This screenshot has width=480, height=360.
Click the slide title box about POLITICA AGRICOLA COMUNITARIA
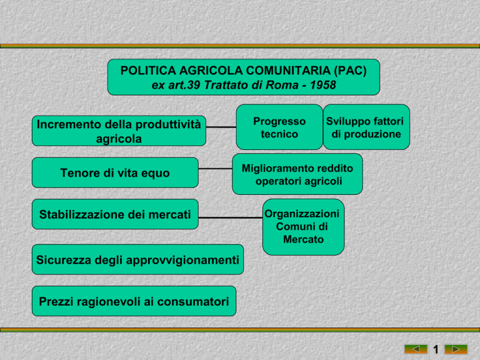[x=244, y=77]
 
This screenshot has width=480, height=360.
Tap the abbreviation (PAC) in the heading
[x=350, y=71]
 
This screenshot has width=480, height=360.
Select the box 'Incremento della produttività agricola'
[x=119, y=131]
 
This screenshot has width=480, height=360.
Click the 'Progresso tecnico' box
[x=279, y=127]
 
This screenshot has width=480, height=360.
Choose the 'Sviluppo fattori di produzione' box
[x=366, y=127]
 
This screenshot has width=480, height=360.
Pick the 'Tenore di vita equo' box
[x=115, y=172]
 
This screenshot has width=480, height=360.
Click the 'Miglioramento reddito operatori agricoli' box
[x=297, y=174]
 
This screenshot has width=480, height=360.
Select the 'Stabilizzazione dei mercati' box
[x=115, y=214]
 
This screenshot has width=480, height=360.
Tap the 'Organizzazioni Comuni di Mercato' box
[x=303, y=227]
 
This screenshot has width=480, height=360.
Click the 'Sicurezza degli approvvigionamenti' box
[x=137, y=259]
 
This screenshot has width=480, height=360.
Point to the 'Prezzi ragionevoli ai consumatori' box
[x=134, y=301]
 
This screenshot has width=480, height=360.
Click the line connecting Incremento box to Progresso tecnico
[x=221, y=127]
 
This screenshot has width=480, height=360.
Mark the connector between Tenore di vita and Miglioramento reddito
[x=215, y=169]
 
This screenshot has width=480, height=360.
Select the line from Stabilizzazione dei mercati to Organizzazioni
[x=231, y=217]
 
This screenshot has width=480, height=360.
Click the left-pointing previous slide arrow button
[x=416, y=349]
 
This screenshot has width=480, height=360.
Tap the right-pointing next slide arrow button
[x=456, y=349]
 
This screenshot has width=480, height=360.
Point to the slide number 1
[x=436, y=349]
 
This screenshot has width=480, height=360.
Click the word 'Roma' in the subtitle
[x=282, y=85]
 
